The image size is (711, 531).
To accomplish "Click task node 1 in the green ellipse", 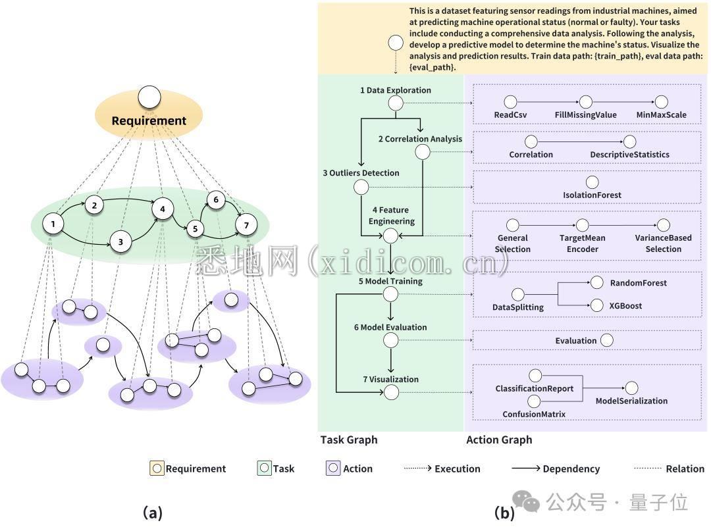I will [x=52, y=224].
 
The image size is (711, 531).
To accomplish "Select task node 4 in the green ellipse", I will [x=162, y=209].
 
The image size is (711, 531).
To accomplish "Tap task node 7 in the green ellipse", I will [x=246, y=225].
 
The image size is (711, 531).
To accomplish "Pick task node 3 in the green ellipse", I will [x=120, y=241].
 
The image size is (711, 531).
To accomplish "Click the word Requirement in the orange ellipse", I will [x=149, y=120].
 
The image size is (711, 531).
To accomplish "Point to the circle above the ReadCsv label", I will [x=510, y=102].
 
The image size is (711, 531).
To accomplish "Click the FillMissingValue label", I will [x=585, y=114].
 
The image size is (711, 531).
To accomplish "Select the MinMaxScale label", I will [x=661, y=114].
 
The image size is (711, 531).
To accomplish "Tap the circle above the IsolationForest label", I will [x=592, y=182].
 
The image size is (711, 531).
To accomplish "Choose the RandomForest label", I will [x=638, y=283].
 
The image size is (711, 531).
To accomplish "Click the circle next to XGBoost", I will [x=596, y=305].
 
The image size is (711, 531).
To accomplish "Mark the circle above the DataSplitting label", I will [x=518, y=294].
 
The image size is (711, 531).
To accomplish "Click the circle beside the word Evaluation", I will [x=607, y=340].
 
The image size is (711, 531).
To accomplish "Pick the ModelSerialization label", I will [x=631, y=401].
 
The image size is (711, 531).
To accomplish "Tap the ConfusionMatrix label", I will [x=534, y=414].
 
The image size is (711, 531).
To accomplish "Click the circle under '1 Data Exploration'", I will [x=395, y=103].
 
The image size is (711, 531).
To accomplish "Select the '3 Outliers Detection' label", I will [x=361, y=173].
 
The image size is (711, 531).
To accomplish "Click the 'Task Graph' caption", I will [x=349, y=440].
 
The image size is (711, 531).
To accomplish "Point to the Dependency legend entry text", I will [x=571, y=468].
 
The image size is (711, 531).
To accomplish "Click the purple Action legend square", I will [x=333, y=468].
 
